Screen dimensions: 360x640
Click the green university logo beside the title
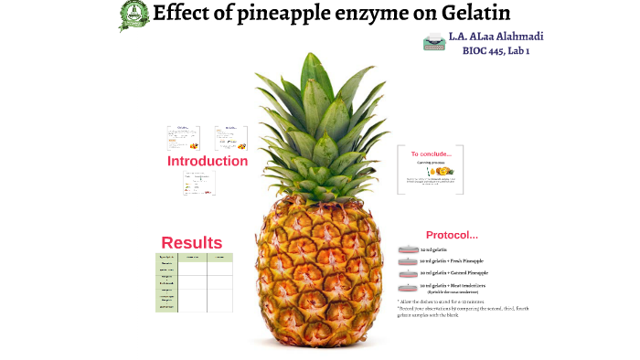[x=134, y=15]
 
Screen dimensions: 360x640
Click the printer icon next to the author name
[x=433, y=41]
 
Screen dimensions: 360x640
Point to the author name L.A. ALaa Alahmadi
[x=496, y=37]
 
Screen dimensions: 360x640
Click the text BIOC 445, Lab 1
[x=496, y=51]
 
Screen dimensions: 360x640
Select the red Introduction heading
[x=208, y=161]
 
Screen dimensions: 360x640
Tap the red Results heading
[x=192, y=242]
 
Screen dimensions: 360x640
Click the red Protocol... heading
[x=452, y=235]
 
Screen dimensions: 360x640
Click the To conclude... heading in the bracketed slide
[x=431, y=154]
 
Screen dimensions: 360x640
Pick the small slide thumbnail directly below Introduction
[x=199, y=183]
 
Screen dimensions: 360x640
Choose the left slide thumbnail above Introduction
[x=183, y=138]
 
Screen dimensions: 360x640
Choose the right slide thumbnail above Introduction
[x=231, y=138]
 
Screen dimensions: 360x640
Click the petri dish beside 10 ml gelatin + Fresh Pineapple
[x=408, y=261]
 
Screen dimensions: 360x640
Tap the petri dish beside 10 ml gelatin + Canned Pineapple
[x=408, y=273]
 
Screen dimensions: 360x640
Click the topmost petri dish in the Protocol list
[x=408, y=249]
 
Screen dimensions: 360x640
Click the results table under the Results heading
[x=194, y=282]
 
